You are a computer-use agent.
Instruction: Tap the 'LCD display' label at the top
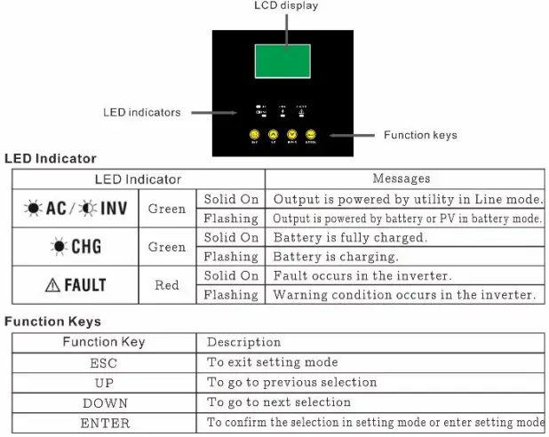tap(286, 6)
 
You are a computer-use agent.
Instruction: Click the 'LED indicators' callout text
tap(141, 113)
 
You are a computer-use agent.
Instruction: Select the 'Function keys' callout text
tap(420, 135)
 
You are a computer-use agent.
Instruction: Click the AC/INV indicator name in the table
tap(75, 208)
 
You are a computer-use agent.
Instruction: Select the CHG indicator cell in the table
tap(75, 247)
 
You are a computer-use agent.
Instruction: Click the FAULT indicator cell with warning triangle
tap(75, 285)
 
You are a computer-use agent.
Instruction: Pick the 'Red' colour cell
tap(166, 285)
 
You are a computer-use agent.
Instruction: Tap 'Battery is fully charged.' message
tap(350, 238)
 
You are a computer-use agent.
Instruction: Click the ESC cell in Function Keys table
tap(103, 362)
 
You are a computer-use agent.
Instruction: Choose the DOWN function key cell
tap(104, 402)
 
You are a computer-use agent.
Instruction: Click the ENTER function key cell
tap(104, 423)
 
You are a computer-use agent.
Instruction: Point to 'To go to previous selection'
tap(291, 382)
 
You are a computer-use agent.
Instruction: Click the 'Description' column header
tap(243, 342)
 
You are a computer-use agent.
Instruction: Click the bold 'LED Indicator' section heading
tap(51, 159)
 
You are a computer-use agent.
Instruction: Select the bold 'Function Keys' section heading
tap(52, 322)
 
